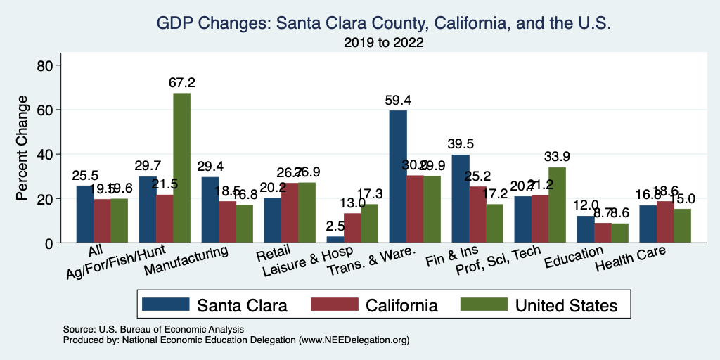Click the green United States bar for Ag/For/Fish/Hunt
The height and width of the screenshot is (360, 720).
coord(181,168)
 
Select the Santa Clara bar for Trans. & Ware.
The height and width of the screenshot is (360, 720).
coord(398,176)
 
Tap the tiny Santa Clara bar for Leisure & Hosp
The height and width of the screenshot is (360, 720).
coord(335,240)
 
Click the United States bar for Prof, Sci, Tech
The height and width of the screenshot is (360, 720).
coord(557,205)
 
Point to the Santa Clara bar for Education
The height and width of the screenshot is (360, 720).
coord(586,229)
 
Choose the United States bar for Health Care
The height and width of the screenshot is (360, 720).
coord(682,226)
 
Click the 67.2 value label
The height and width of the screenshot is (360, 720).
coord(181,82)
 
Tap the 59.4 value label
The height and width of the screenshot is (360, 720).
coord(398,100)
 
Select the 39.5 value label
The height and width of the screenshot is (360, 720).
coord(461,144)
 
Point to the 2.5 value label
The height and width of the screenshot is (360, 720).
coord(335,226)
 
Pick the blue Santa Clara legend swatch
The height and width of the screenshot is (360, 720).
coord(165,304)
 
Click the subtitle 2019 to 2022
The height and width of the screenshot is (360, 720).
coord(384,44)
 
